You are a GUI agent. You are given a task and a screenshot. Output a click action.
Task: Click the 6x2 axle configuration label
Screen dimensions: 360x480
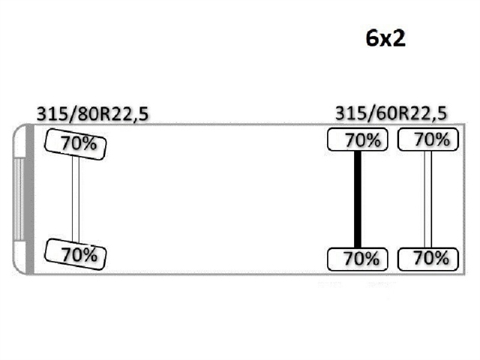tap(385, 39)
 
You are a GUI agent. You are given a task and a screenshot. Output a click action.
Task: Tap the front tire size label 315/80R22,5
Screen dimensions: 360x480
tap(92, 114)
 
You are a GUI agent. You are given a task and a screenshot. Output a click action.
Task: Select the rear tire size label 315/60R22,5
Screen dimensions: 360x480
tap(391, 114)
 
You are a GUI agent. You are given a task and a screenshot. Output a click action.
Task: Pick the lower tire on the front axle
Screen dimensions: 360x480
tap(74, 253)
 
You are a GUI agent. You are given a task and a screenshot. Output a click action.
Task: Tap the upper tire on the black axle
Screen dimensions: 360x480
tap(357, 139)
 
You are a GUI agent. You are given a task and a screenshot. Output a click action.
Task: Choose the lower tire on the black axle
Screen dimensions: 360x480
tap(357, 259)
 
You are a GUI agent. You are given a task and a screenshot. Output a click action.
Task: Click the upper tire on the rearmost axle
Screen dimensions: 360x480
tap(427, 139)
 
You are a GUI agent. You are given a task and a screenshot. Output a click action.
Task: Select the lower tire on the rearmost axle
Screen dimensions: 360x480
tap(427, 259)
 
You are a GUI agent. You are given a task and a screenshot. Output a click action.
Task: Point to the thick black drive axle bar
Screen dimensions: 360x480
tap(358, 199)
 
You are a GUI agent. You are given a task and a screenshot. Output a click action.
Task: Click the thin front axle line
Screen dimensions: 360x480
tap(75, 198)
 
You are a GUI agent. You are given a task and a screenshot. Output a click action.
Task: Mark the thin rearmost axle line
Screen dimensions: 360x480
tap(427, 199)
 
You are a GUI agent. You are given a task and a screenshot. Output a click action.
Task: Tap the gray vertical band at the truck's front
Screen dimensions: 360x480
tap(29, 199)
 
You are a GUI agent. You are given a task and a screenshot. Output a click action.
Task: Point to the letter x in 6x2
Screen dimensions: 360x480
tap(385, 40)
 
